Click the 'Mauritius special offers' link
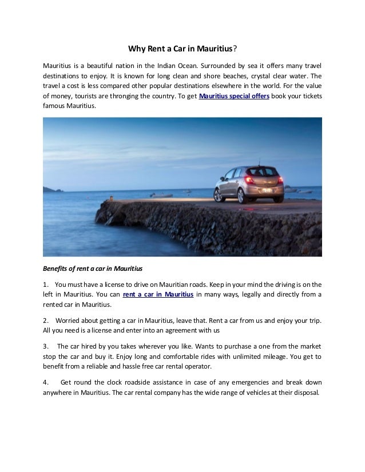point(234,95)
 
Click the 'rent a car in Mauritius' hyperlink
point(158,294)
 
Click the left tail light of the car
point(249,180)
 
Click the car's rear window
point(263,171)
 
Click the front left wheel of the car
point(218,195)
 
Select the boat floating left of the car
point(161,194)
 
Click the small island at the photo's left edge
point(49,189)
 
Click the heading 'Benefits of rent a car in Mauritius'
point(93,267)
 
